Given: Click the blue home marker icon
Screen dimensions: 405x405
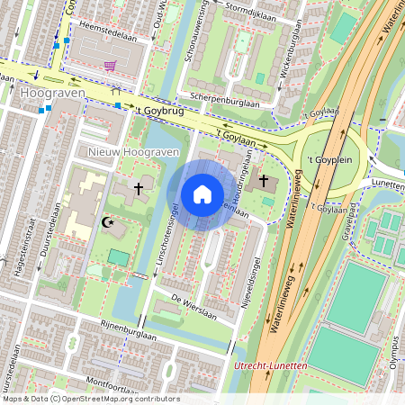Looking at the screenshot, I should (202, 194).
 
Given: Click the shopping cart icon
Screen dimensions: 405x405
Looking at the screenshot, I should (110, 66).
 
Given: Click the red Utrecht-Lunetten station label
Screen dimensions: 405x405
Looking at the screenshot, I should (269, 365).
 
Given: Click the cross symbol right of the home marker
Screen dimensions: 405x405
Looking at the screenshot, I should (264, 182).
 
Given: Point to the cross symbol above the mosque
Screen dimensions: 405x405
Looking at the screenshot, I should (138, 189).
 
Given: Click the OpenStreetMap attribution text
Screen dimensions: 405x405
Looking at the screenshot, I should (91, 398).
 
